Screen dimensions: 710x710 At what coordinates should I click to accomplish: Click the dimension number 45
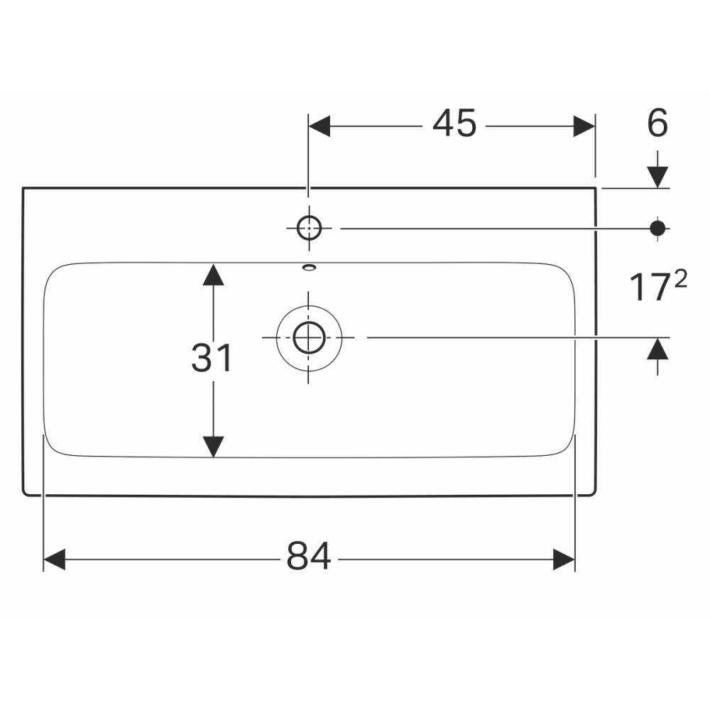point(454,123)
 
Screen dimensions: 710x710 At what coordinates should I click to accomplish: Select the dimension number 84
point(309,556)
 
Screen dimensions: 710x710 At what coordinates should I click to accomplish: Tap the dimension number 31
point(212,358)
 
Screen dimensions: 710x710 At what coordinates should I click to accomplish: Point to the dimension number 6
point(657,123)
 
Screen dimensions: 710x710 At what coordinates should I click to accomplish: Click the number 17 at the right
point(650,288)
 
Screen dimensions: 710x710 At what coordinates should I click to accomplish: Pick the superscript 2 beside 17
point(681,278)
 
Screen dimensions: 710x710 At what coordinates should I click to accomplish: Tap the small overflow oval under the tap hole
point(310,268)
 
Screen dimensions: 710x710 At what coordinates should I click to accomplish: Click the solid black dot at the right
point(657,228)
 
